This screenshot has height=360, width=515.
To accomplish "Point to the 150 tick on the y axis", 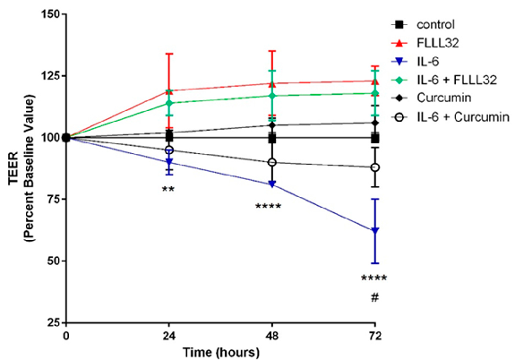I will tap(46, 15).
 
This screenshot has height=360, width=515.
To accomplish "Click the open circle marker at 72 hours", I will tap(375, 167).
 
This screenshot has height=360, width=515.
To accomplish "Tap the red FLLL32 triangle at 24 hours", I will tap(168, 90).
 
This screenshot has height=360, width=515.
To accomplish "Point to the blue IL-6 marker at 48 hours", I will tap(271, 184).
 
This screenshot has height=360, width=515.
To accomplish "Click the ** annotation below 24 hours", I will tap(168, 190).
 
